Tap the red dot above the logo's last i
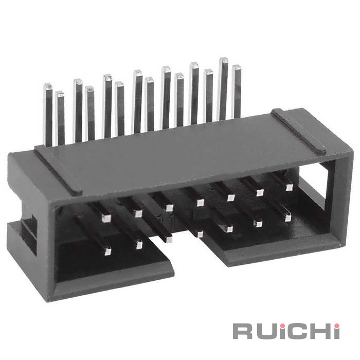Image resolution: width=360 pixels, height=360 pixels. (336, 326)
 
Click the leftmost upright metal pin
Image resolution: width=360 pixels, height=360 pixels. (48, 115)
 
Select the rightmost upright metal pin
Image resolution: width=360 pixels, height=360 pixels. (236, 92)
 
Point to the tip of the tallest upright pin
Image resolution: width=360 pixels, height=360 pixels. (223, 60)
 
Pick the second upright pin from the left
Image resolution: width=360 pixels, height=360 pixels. (60, 118)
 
